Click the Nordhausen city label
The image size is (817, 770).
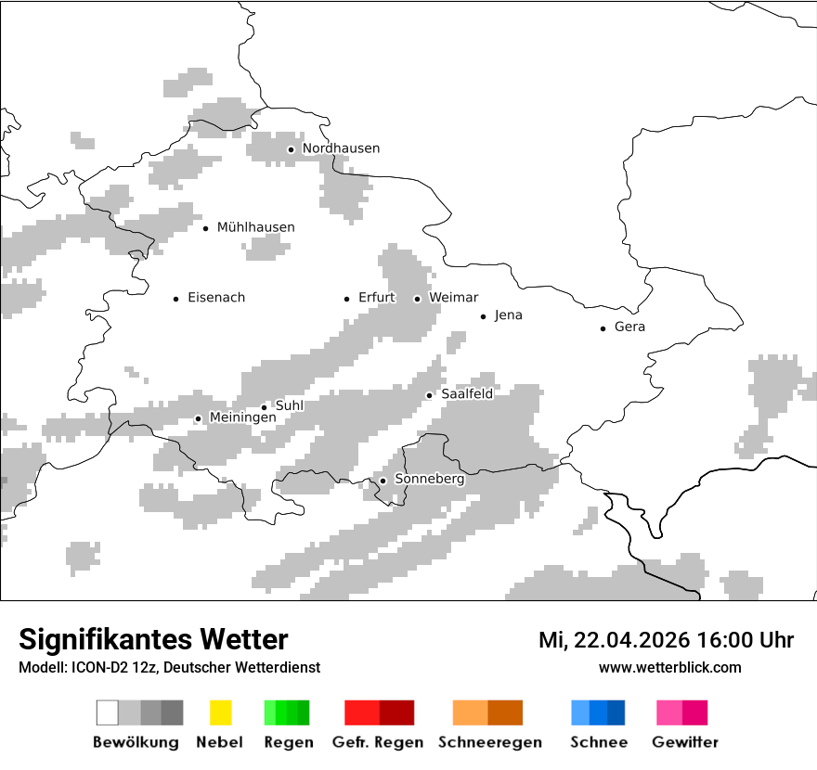pyautogui.click(x=341, y=148)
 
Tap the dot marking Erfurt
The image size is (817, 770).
pyautogui.click(x=346, y=299)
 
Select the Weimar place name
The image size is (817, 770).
pyautogui.click(x=454, y=298)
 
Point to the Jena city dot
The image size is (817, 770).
pyautogui.click(x=483, y=316)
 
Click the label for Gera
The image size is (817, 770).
pyautogui.click(x=629, y=327)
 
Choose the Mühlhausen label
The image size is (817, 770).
pyautogui.click(x=255, y=227)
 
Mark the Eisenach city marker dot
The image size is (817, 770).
pyautogui.click(x=175, y=299)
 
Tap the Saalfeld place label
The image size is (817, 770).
pyautogui.click(x=467, y=394)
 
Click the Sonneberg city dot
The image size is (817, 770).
pyautogui.click(x=383, y=481)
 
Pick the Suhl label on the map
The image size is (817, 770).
pyautogui.click(x=290, y=405)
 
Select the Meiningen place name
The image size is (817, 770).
pyautogui.click(x=242, y=418)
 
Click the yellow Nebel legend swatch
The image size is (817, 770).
pyautogui.click(x=220, y=712)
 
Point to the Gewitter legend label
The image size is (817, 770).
pyautogui.click(x=685, y=742)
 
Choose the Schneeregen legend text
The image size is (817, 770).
pyautogui.click(x=490, y=742)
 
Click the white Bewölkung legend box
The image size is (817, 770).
pyautogui.click(x=108, y=712)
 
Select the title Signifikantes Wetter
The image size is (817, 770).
pyautogui.click(x=153, y=639)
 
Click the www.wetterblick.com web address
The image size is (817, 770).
pyautogui.click(x=669, y=667)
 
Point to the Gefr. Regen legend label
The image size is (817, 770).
pyautogui.click(x=378, y=742)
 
